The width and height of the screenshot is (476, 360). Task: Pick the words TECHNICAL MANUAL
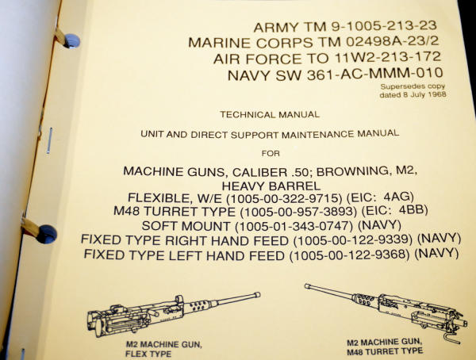point(270,115)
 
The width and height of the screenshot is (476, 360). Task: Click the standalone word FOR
point(271,154)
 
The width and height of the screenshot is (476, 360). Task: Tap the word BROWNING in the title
point(352,171)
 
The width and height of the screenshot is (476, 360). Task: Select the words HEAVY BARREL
point(271,186)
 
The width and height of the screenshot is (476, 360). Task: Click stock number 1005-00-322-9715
point(285,198)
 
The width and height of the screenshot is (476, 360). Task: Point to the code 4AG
point(398,197)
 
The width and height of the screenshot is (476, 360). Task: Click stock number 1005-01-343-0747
point(294,226)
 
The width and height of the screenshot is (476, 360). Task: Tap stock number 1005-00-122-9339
point(353,239)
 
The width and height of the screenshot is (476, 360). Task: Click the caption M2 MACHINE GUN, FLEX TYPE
point(163,349)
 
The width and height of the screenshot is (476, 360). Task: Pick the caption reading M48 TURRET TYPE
point(386,351)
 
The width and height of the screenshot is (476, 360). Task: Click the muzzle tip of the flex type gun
point(258,294)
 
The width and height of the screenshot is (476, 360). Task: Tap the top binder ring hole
point(72,40)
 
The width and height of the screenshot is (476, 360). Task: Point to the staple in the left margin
point(49,140)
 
